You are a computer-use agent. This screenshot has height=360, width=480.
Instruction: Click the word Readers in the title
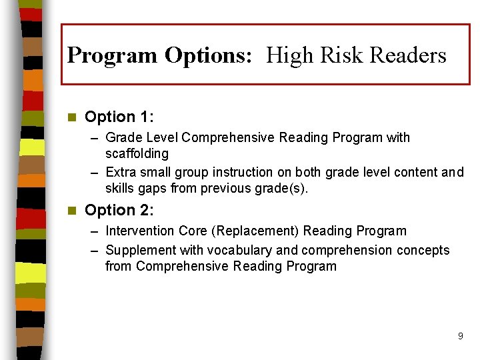pos(409,55)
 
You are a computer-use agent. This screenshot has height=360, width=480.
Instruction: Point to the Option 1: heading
pos(119,117)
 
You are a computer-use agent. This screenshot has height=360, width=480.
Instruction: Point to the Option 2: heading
pos(119,211)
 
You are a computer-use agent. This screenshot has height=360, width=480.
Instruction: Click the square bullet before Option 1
pos(72,118)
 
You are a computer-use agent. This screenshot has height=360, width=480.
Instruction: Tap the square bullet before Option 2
pos(72,211)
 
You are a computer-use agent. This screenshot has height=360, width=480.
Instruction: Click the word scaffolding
pos(137,154)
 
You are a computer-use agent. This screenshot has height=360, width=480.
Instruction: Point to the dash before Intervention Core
pos(95,231)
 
